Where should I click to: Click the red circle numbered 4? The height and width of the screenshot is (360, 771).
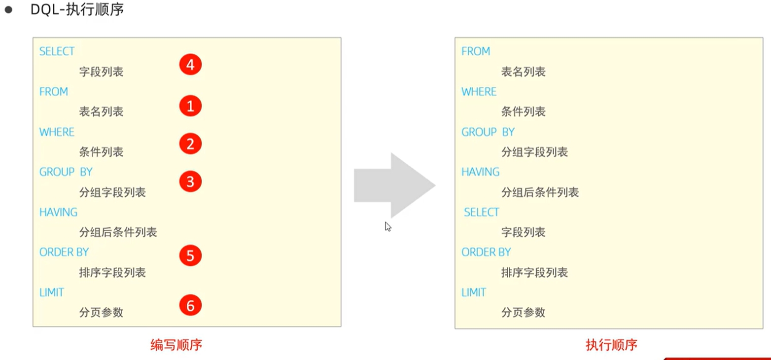click(x=190, y=66)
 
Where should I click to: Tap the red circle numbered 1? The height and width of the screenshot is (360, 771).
click(x=190, y=106)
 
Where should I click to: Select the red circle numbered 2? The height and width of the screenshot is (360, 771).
click(x=190, y=144)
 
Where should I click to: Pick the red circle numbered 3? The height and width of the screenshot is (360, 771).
click(x=190, y=182)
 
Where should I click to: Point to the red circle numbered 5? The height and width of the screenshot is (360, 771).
click(x=190, y=256)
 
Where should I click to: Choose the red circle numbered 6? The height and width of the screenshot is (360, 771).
click(x=190, y=305)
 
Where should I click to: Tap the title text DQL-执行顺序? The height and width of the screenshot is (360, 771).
click(x=77, y=10)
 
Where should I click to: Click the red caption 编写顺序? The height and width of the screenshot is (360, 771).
click(x=176, y=345)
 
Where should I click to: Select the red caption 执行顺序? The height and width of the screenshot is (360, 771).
click(x=611, y=345)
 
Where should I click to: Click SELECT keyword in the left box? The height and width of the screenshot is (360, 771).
click(x=57, y=51)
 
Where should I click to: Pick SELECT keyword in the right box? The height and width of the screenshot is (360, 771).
click(x=482, y=212)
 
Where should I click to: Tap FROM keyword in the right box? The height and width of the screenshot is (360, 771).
click(x=476, y=51)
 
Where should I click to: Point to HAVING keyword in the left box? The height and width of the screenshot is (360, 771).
click(x=58, y=212)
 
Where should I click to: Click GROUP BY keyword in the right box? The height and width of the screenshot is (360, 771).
click(x=488, y=132)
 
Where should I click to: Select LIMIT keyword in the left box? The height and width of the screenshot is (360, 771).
click(x=52, y=292)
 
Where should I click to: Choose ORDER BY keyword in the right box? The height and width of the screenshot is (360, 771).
click(x=486, y=252)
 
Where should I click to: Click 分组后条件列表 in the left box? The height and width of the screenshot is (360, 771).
click(x=118, y=232)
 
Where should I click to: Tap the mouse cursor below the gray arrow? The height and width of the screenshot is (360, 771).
click(x=388, y=227)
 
